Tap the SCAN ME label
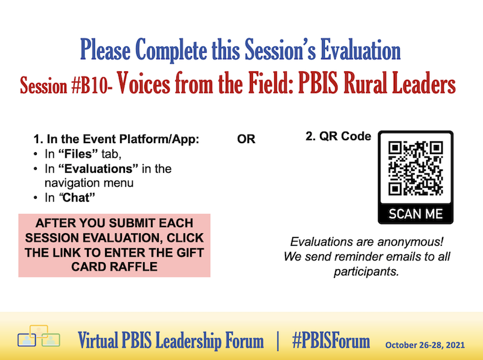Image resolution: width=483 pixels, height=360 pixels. [415, 214]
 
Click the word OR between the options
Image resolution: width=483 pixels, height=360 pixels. [246, 140]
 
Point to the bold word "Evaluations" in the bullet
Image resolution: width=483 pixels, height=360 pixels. [94, 169]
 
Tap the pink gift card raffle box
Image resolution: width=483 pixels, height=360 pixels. [114, 245]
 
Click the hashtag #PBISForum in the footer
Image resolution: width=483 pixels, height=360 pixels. [330, 341]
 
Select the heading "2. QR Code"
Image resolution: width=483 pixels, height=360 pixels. [338, 137]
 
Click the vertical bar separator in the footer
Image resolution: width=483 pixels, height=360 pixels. [278, 341]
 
